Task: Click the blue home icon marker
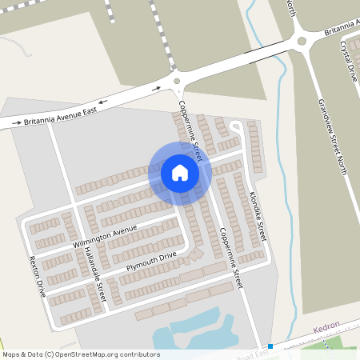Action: [x=180, y=172]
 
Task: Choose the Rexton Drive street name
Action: [x=35, y=275]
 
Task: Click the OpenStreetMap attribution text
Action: [x=81, y=354]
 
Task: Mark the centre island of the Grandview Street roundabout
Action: [x=302, y=41]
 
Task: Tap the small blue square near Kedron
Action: [x=271, y=346]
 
